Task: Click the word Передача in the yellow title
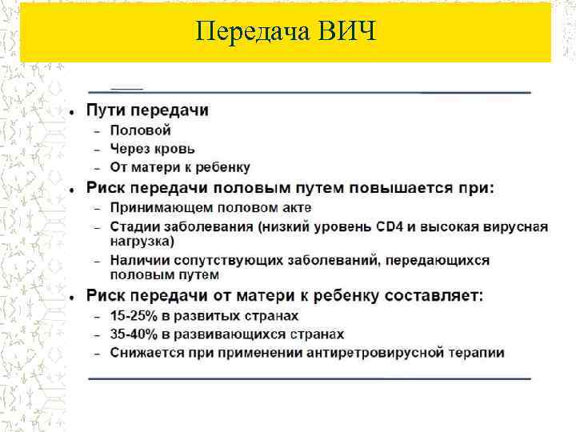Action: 254,32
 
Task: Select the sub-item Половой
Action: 140,130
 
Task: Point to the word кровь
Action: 175,149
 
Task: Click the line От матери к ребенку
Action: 180,168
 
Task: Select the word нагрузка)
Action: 142,240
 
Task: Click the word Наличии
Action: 138,261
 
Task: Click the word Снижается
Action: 144,353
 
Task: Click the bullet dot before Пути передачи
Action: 72,110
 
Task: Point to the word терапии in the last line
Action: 479,353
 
